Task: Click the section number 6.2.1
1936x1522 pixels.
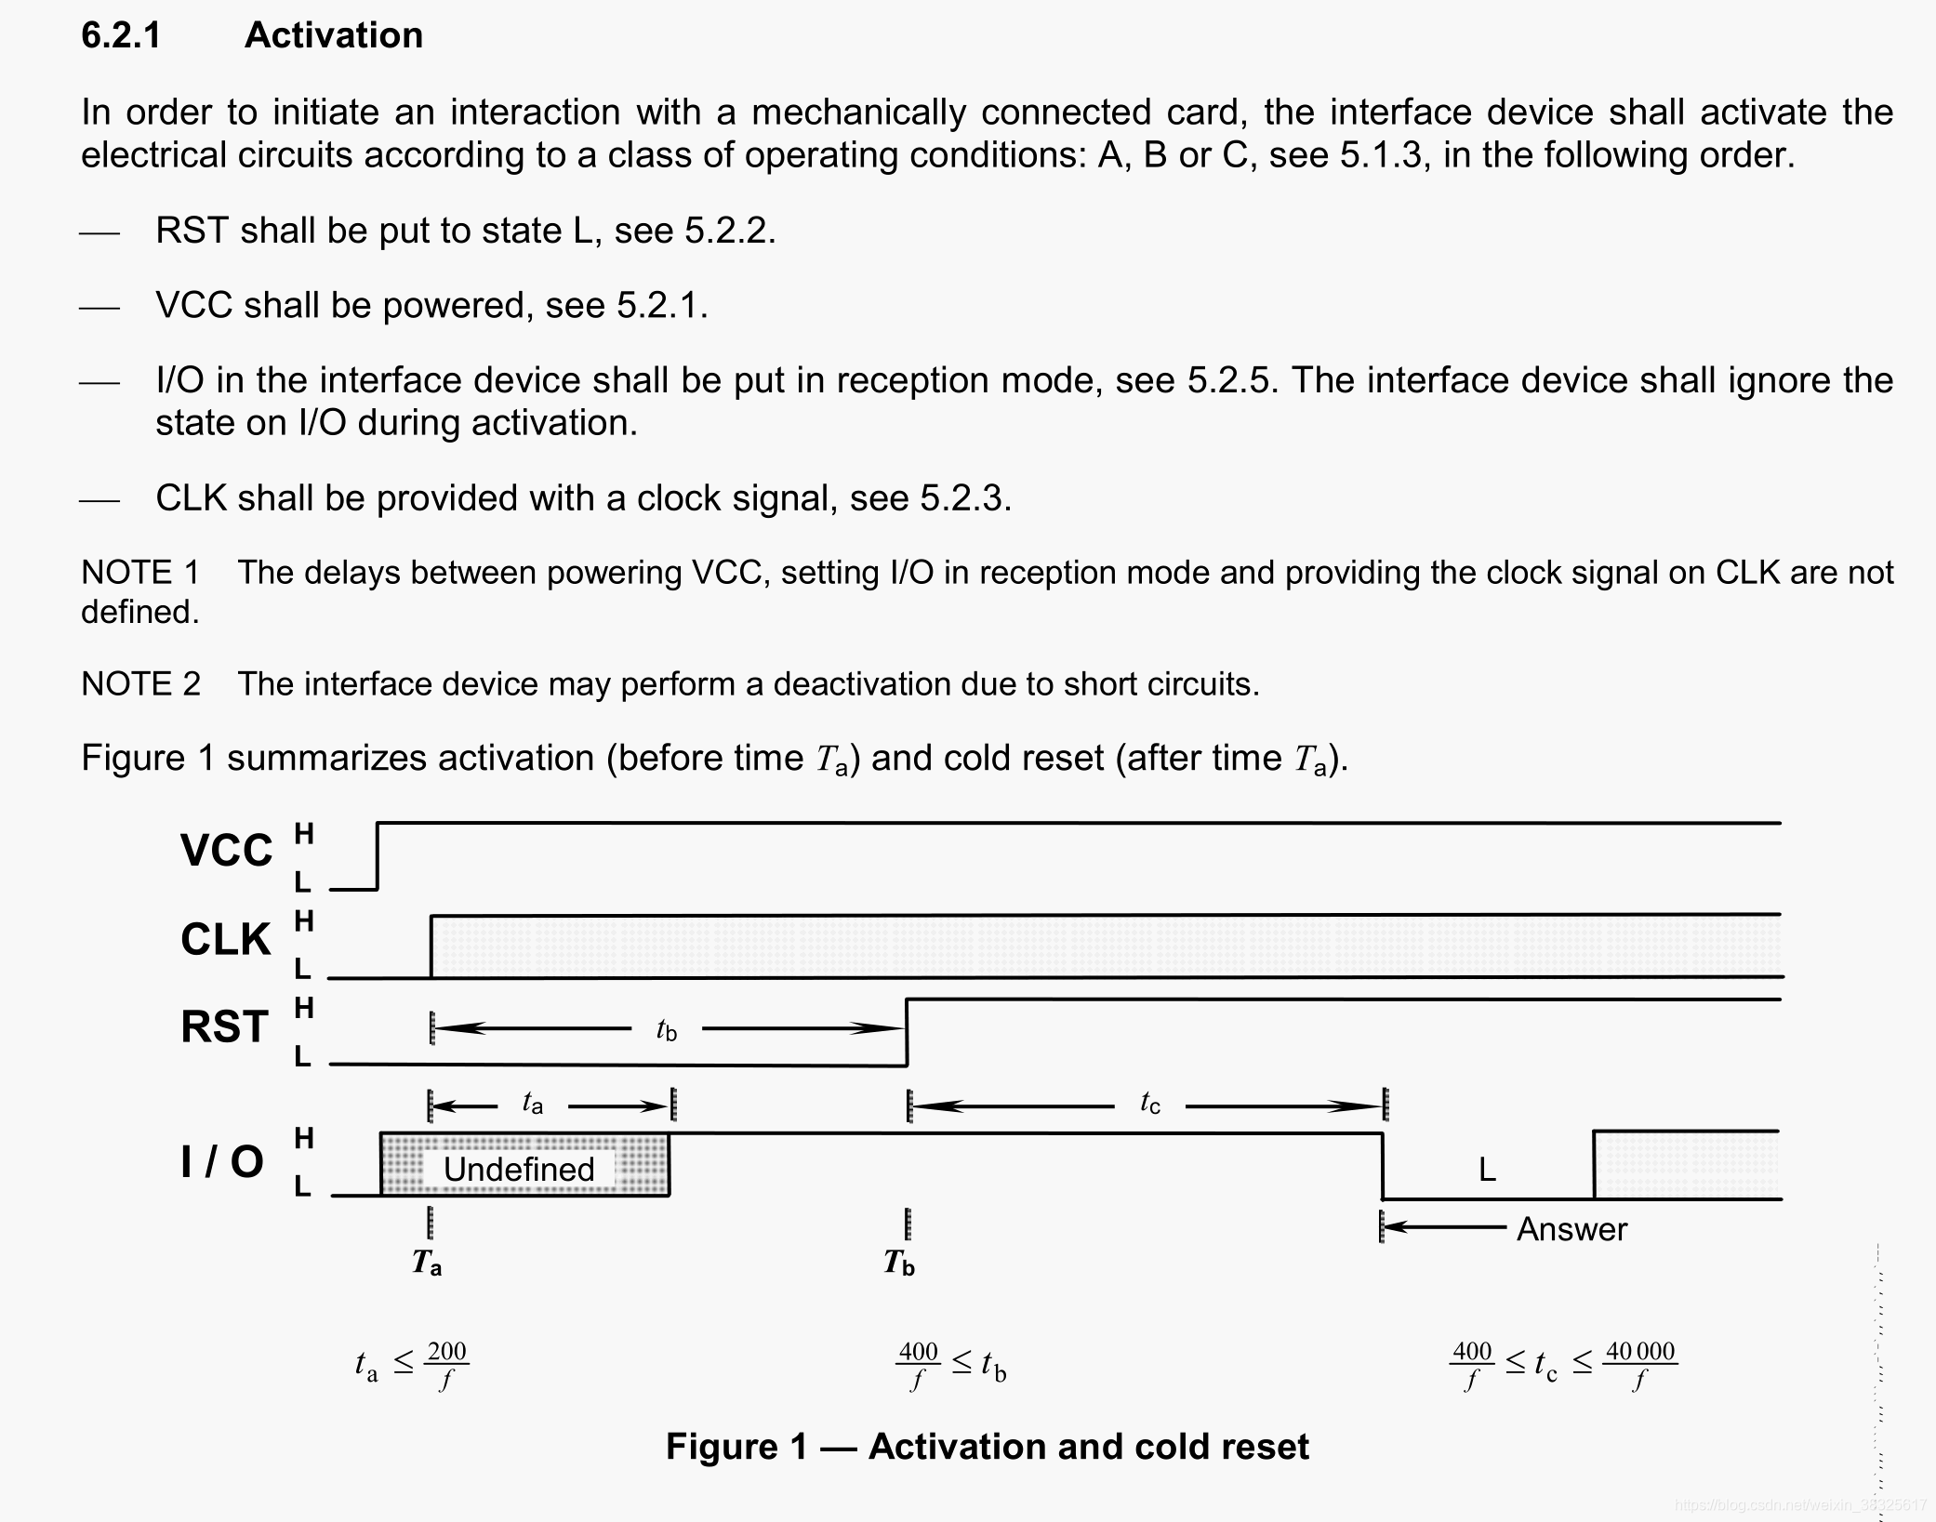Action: click(121, 35)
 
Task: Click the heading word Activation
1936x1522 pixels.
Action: click(333, 35)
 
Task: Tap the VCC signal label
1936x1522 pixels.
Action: click(226, 850)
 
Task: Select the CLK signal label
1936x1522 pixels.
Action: click(225, 939)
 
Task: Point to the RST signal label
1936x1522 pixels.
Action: click(224, 1026)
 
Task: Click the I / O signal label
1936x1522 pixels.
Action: click(222, 1161)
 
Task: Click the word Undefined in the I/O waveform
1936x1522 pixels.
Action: click(518, 1169)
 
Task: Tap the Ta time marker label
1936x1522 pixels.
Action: click(427, 1263)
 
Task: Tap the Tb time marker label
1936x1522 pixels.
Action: click(899, 1263)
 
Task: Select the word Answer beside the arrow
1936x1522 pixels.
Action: click(1571, 1229)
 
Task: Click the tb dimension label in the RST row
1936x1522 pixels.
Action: click(666, 1029)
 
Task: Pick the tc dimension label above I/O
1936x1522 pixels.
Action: click(1150, 1103)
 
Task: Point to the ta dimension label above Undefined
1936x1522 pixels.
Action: click(532, 1103)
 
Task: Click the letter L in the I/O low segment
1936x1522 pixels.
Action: click(1487, 1170)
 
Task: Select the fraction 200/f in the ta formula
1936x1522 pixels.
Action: click(446, 1364)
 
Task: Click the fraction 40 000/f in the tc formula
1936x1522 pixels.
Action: click(1639, 1364)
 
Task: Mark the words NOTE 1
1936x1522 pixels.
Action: click(140, 572)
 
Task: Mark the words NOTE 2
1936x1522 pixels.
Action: click(140, 683)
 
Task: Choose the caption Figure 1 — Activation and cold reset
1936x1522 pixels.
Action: click(987, 1447)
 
